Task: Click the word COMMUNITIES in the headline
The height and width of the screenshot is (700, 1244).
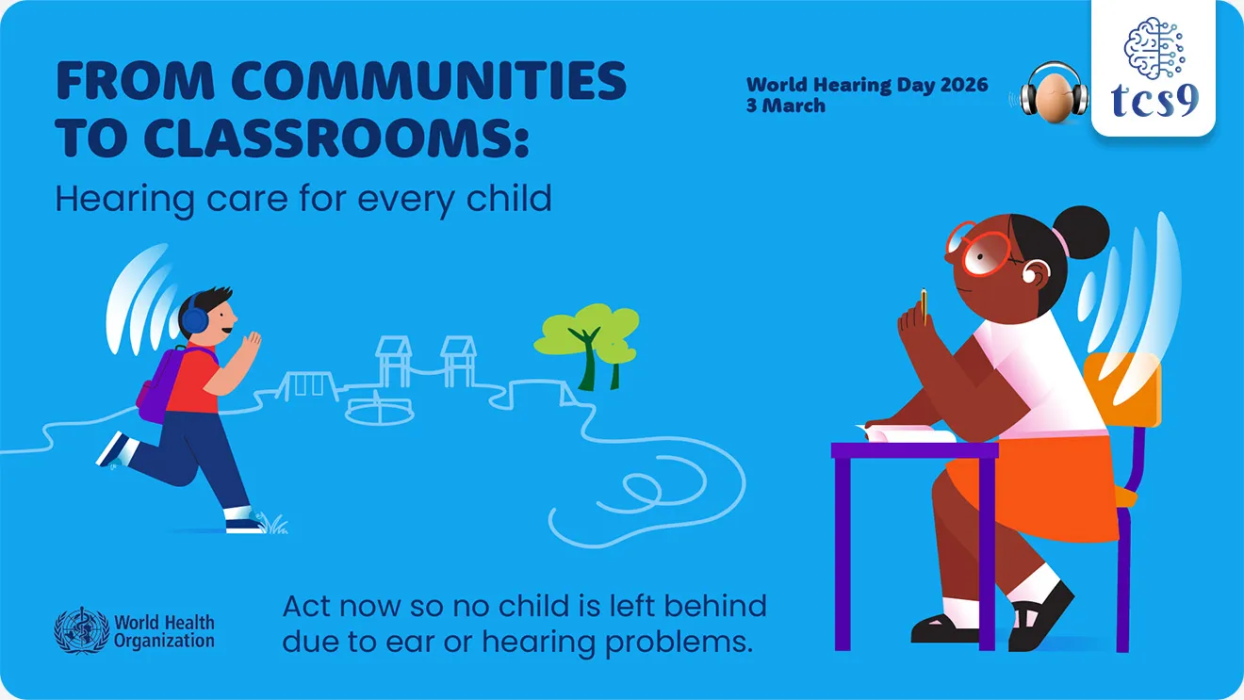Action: click(429, 82)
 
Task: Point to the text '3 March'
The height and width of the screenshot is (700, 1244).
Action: click(786, 106)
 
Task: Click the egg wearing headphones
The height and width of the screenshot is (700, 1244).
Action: click(1056, 94)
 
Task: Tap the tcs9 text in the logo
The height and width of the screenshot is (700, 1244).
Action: click(1154, 99)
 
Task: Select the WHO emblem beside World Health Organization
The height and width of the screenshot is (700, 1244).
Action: click(82, 631)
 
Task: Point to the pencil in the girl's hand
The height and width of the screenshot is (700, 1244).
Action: click(925, 303)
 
